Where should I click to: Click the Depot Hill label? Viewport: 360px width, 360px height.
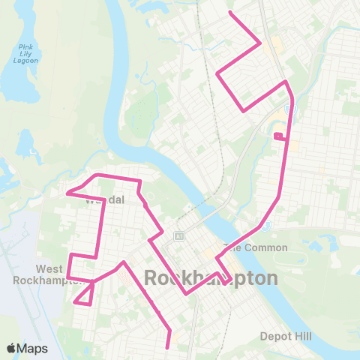click(x=285, y=336)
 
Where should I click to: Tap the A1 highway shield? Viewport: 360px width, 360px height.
click(x=179, y=236)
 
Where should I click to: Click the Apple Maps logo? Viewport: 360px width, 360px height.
click(x=27, y=348)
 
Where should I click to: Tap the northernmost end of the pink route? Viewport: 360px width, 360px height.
click(x=229, y=13)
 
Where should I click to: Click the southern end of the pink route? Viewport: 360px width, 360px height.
click(x=168, y=348)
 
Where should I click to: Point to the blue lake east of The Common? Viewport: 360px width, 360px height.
click(x=327, y=244)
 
